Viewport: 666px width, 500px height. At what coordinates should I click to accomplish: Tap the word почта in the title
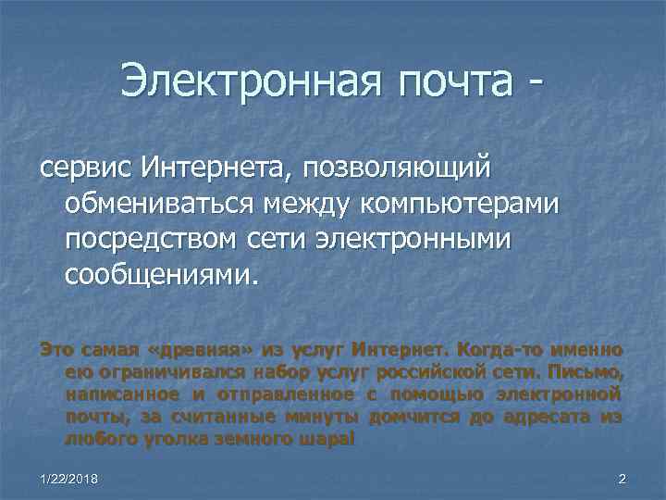452,84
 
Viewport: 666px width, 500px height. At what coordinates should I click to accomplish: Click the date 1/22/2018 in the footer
68,478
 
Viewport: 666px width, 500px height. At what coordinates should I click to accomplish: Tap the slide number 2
622,478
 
